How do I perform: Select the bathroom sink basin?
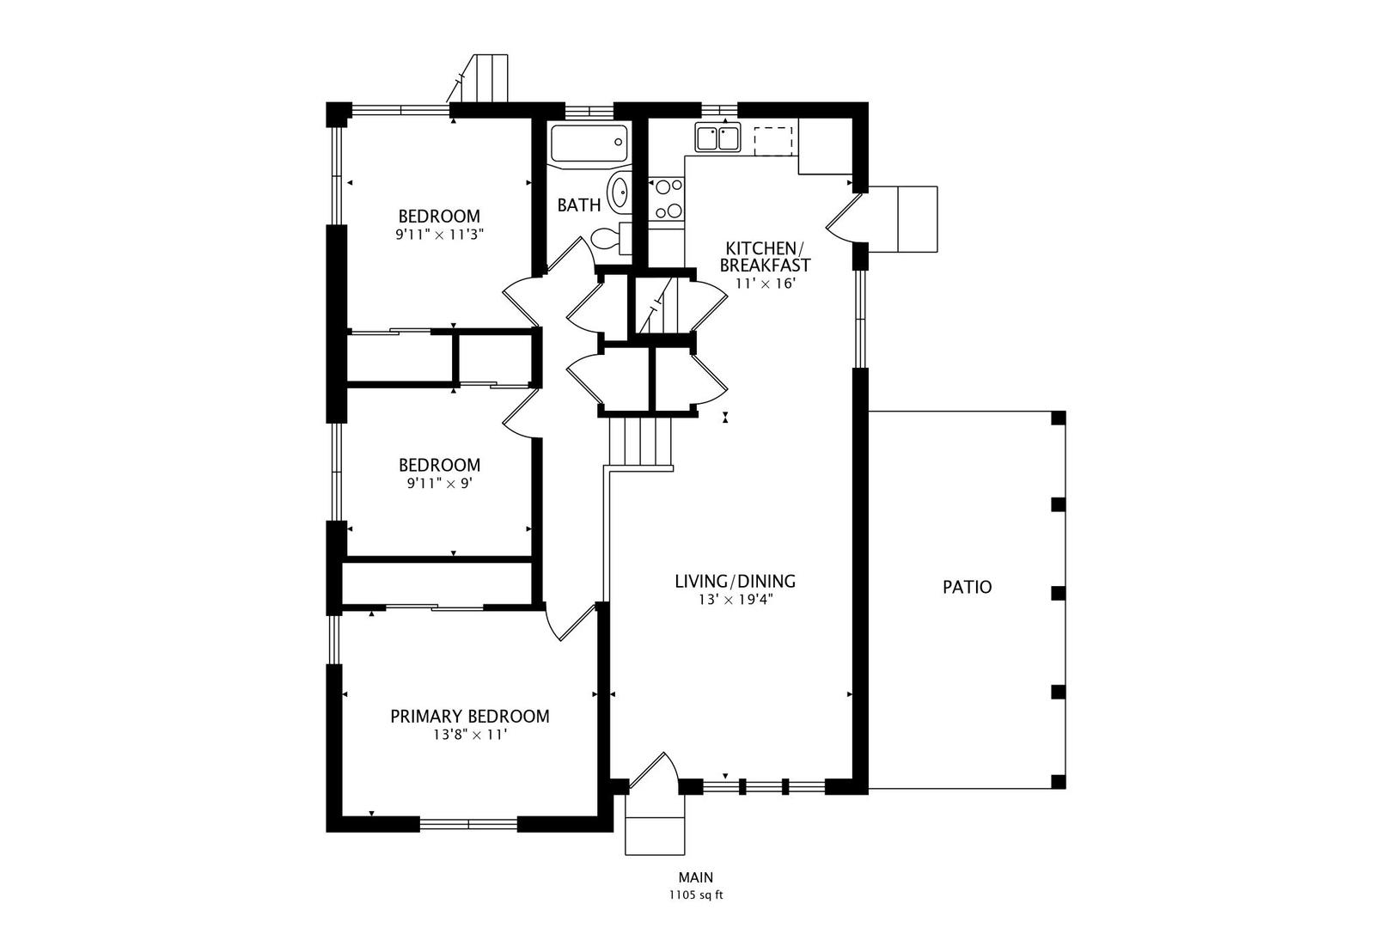click(x=619, y=192)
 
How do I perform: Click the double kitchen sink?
click(x=717, y=137)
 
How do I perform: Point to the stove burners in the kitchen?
click(x=666, y=198)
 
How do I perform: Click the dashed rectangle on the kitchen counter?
click(x=773, y=141)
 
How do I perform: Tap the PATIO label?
click(x=967, y=588)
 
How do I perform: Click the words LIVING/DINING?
click(x=736, y=581)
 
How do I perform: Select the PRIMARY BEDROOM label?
click(x=470, y=716)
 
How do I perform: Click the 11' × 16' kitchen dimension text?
click(x=766, y=284)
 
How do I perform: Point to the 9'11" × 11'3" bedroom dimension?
click(x=439, y=235)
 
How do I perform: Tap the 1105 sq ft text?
click(x=696, y=895)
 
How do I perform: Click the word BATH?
click(x=578, y=205)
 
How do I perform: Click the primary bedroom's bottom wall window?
click(x=468, y=824)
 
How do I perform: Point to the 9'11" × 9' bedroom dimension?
click(x=439, y=484)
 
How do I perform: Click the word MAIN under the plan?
click(x=696, y=877)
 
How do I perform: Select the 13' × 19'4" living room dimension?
click(x=736, y=600)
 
